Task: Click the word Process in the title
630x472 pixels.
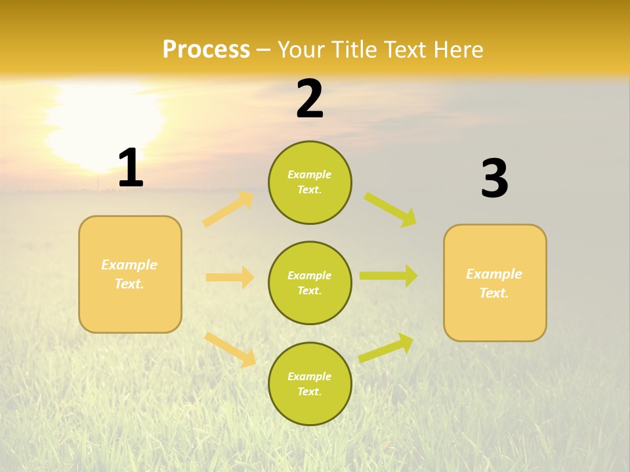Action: click(206, 50)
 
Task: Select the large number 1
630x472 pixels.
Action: click(131, 168)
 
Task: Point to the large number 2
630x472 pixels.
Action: click(310, 99)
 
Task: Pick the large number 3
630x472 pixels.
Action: click(494, 178)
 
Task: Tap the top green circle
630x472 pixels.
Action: click(310, 182)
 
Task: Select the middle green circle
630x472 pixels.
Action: click(310, 283)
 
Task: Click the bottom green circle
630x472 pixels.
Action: click(310, 383)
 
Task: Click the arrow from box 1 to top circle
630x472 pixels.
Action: click(228, 209)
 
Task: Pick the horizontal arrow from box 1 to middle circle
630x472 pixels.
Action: click(230, 277)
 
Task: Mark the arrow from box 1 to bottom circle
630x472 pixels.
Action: click(230, 349)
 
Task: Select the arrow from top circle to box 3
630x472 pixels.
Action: click(391, 209)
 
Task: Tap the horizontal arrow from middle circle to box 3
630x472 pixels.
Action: click(388, 276)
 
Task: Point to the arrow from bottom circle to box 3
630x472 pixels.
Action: click(387, 348)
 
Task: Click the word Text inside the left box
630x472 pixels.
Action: click(129, 284)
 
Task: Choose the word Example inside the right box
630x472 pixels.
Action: click(494, 274)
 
